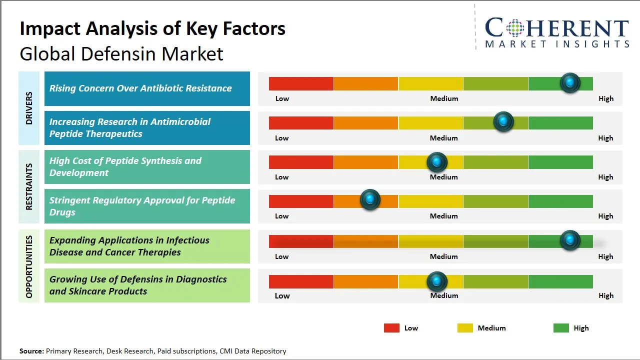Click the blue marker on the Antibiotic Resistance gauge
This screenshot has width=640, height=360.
point(570,83)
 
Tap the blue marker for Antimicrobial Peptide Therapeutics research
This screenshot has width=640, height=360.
point(503,122)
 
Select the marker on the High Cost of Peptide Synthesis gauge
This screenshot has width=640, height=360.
point(437,162)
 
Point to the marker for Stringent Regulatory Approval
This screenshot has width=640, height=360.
point(370,200)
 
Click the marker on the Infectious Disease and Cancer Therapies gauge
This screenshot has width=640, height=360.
point(570,240)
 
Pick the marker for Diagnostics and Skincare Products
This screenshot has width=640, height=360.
point(437,282)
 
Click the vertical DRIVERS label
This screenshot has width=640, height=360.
point(29,108)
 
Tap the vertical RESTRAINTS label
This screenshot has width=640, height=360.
point(29,186)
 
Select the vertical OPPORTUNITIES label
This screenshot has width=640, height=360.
point(29,266)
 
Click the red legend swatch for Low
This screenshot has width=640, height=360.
point(391,328)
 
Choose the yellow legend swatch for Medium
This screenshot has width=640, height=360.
point(465,328)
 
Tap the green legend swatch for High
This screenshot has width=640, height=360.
point(561,328)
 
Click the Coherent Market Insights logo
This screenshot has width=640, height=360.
point(557,32)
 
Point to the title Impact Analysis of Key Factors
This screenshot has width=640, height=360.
point(152,28)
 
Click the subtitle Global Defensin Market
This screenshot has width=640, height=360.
point(121,53)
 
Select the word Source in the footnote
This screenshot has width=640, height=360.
point(31,351)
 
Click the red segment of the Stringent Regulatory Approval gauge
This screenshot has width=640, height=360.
point(301,201)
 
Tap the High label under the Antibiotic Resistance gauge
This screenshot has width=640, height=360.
point(606,98)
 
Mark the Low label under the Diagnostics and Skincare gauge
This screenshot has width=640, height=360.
point(282,295)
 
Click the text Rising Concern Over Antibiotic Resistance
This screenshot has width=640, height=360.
point(140,88)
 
